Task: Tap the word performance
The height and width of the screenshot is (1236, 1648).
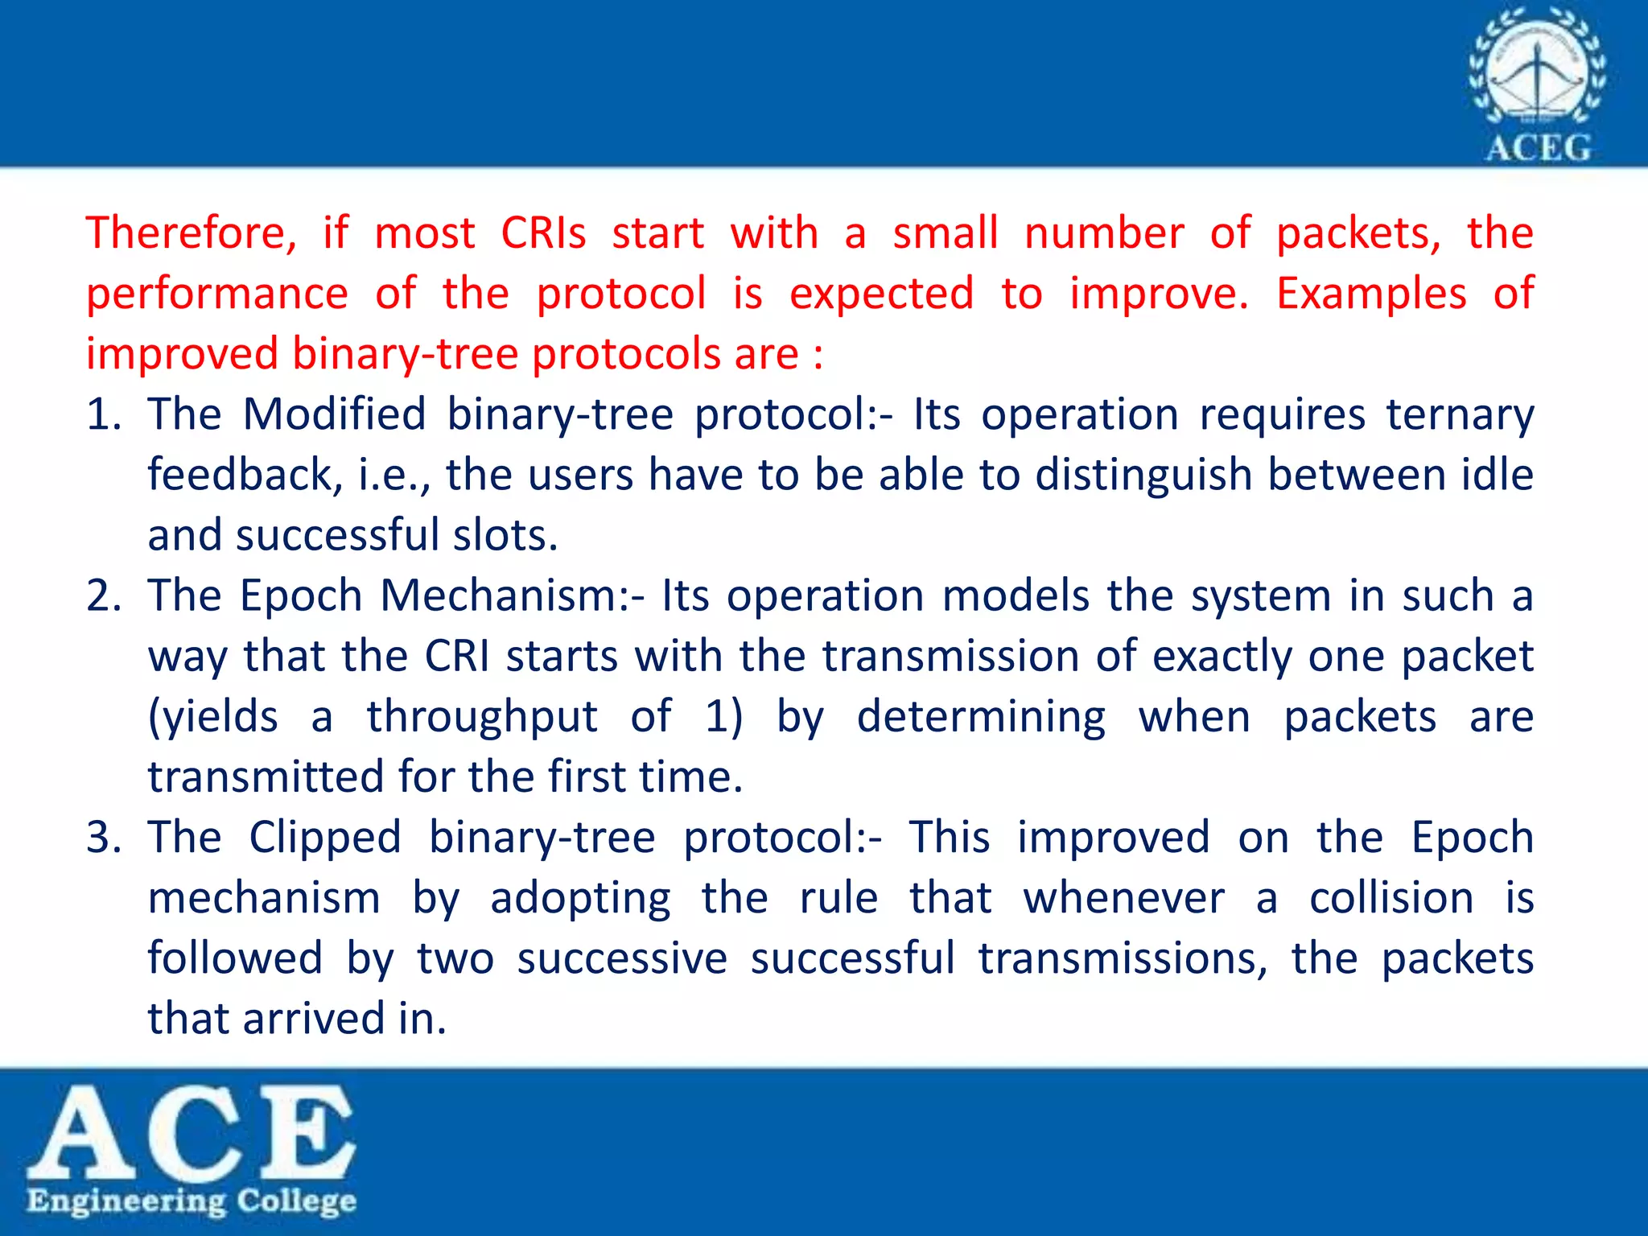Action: tap(217, 294)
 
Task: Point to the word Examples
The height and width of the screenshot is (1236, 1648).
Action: tap(1371, 293)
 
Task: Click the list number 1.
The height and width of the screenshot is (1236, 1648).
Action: tap(103, 414)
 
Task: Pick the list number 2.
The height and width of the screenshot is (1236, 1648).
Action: tap(103, 596)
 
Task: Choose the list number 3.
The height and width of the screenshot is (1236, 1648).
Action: tap(103, 838)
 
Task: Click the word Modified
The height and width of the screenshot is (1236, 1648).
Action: tap(334, 414)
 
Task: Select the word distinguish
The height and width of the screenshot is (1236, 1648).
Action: tap(1143, 475)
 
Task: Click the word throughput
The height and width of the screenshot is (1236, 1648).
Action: tap(482, 717)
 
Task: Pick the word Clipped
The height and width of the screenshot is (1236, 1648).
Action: tap(325, 838)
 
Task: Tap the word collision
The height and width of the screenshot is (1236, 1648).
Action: tap(1391, 898)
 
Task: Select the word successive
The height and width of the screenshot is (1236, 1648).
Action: tap(622, 958)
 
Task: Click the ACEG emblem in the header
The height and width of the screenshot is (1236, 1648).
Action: tap(1538, 84)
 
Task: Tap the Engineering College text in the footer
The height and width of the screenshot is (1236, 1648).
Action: tap(192, 1201)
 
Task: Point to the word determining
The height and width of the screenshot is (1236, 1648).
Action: tap(981, 717)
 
